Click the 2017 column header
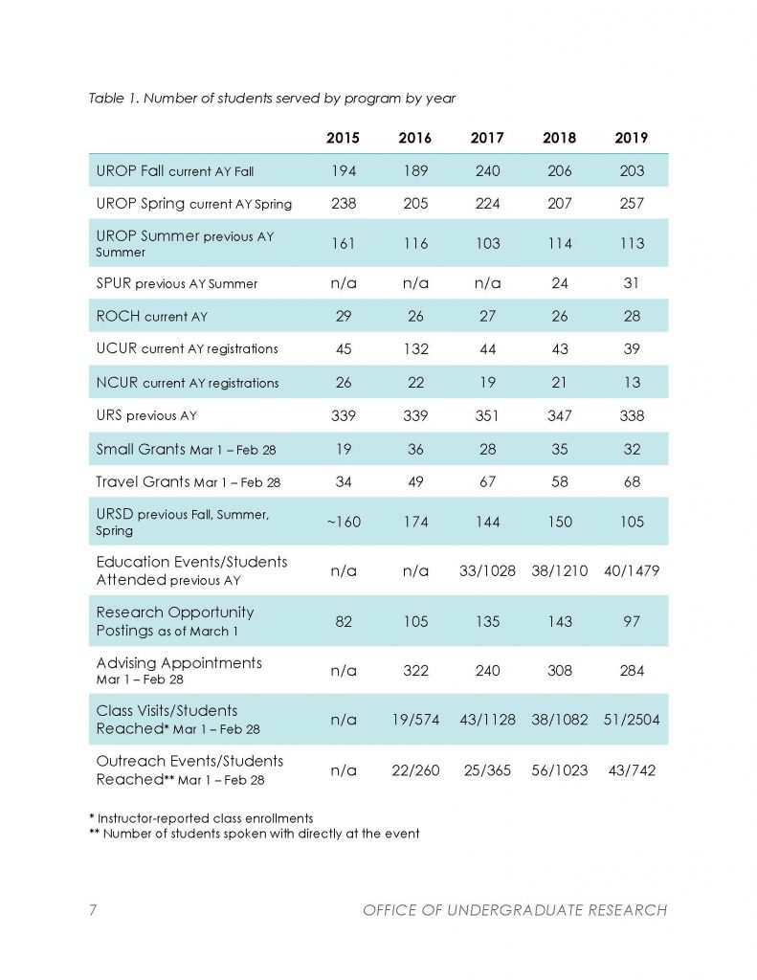[x=487, y=138]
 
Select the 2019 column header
[x=632, y=138]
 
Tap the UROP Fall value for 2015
[x=344, y=170]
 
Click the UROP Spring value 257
[x=632, y=203]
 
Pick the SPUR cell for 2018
[x=560, y=283]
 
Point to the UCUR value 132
[x=415, y=348]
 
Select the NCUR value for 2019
[x=632, y=382]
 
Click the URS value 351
[x=487, y=415]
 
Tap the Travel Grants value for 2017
[x=487, y=482]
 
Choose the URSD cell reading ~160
[x=344, y=522]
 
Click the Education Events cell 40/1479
[x=632, y=570]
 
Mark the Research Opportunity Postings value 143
[x=560, y=621]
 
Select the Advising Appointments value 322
[x=415, y=671]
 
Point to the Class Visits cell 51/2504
[x=632, y=720]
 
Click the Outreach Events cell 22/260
[x=415, y=770]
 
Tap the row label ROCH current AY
[x=152, y=316]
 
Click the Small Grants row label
[x=186, y=450]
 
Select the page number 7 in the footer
[x=93, y=909]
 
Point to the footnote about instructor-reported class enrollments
[x=201, y=818]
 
